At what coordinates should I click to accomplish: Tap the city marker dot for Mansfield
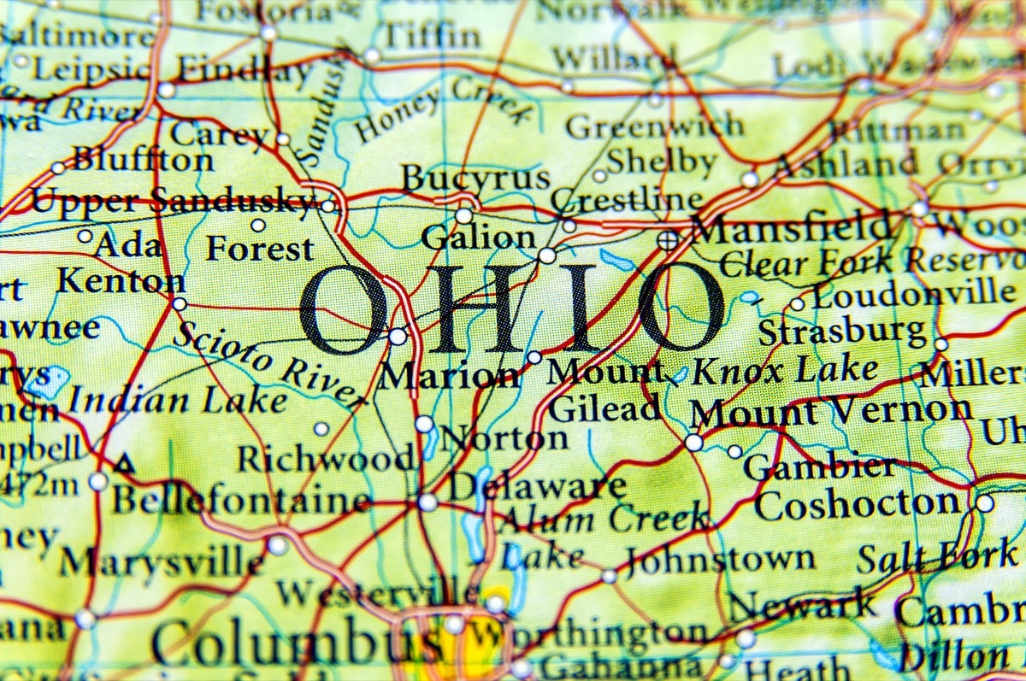click(667, 240)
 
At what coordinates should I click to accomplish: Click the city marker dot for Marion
click(398, 337)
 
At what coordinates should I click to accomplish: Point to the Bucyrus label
click(475, 179)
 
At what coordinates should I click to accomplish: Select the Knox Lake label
click(784, 369)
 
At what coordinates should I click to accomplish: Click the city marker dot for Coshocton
click(985, 503)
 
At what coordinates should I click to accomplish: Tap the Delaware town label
click(537, 487)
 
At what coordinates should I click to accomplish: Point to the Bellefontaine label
click(242, 500)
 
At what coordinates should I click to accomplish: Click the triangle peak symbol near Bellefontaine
click(126, 465)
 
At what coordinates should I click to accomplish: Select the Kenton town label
click(121, 280)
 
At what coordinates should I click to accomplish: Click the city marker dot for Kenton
click(180, 303)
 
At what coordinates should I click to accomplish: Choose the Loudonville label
click(913, 296)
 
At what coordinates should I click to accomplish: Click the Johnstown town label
click(720, 560)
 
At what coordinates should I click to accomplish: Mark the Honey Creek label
click(442, 109)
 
